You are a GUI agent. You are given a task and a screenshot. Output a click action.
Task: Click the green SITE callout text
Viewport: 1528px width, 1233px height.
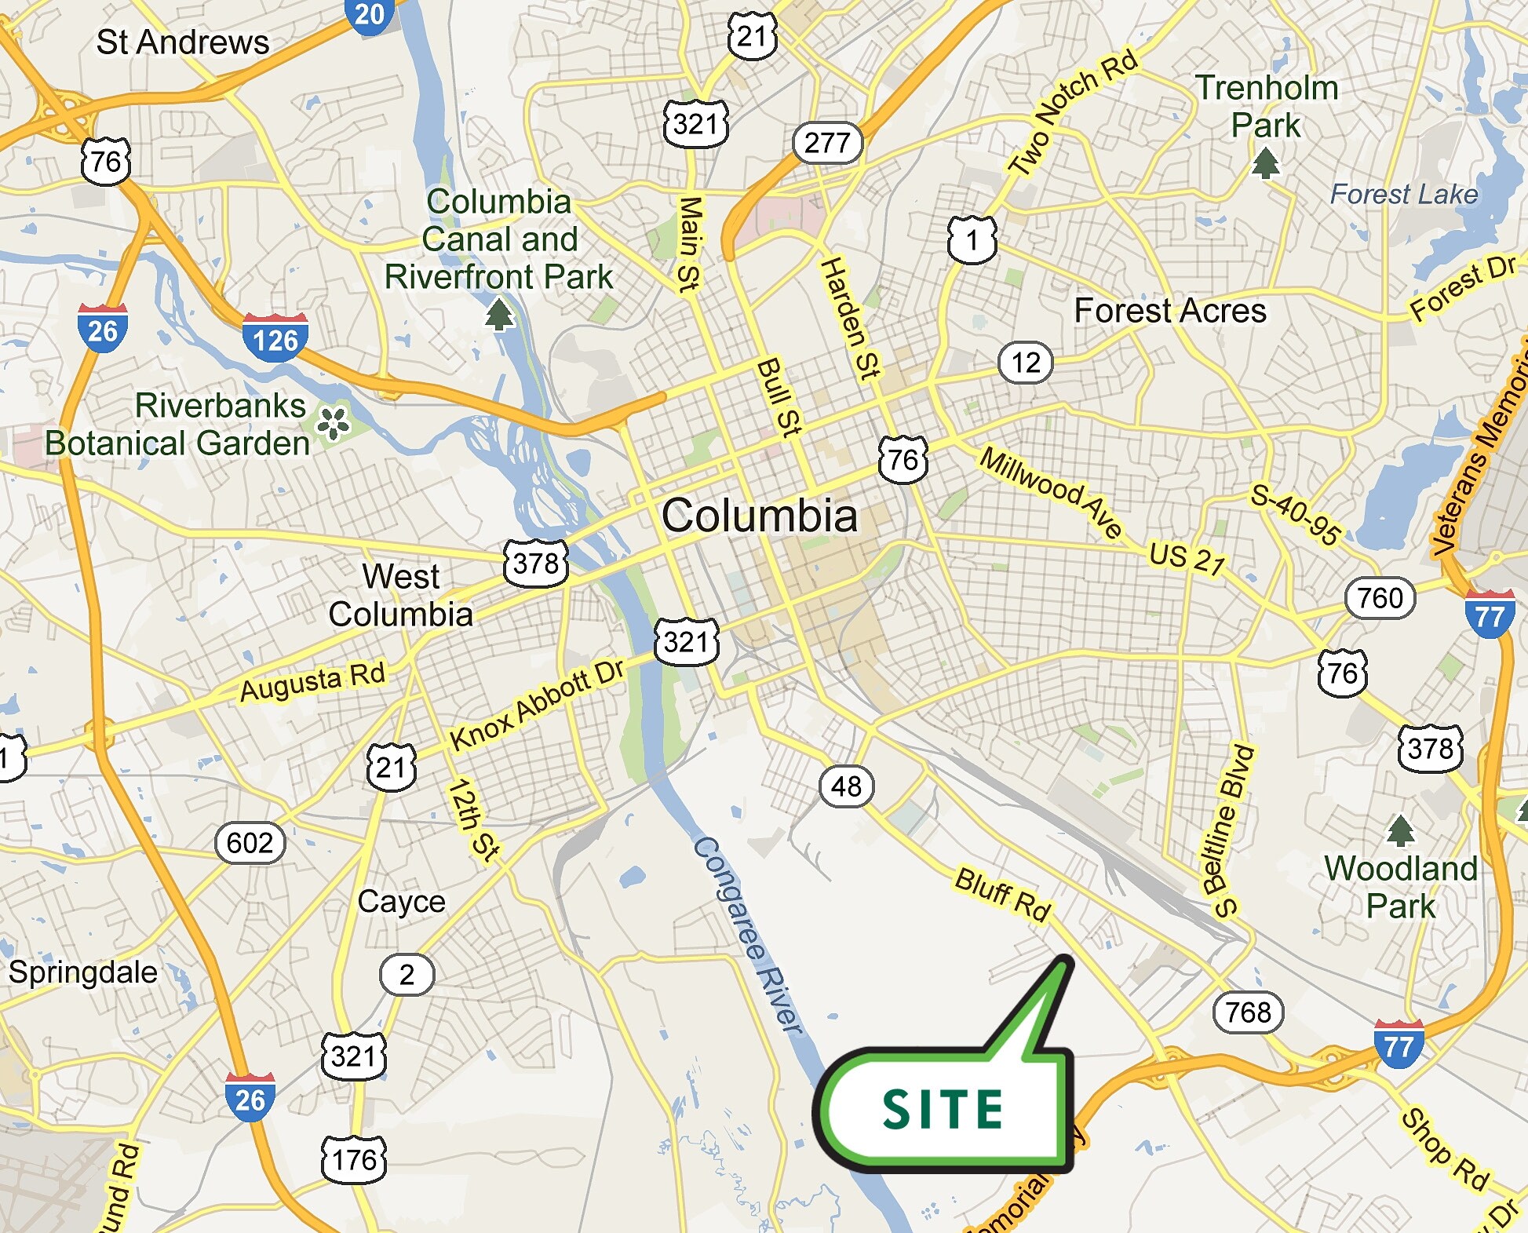pyautogui.click(x=943, y=1109)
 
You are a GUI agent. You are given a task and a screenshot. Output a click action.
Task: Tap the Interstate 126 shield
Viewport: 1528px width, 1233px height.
pyautogui.click(x=275, y=339)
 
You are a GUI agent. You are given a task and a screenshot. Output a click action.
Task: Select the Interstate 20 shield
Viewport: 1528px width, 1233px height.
pyautogui.click(x=369, y=16)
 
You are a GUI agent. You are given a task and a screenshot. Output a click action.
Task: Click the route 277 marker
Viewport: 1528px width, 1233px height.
pyautogui.click(x=827, y=143)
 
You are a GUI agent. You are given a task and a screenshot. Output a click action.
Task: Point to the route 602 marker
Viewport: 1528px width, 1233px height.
pyautogui.click(x=250, y=843)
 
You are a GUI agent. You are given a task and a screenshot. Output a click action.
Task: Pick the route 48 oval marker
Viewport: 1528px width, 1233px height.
pyautogui.click(x=846, y=786)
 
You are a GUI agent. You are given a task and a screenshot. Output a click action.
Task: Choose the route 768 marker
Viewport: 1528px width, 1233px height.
pyautogui.click(x=1248, y=1012)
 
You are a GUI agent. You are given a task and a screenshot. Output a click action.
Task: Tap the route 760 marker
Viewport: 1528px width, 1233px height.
pyautogui.click(x=1380, y=598)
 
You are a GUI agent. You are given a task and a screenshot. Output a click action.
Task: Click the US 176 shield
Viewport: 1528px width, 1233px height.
pyautogui.click(x=354, y=1159)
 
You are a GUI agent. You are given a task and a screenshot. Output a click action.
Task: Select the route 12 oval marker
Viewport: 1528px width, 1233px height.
pyautogui.click(x=1026, y=363)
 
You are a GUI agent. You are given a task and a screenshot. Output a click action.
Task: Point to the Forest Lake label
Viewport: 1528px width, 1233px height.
pyautogui.click(x=1403, y=194)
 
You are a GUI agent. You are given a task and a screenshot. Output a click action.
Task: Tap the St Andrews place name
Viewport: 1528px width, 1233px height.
pyautogui.click(x=182, y=42)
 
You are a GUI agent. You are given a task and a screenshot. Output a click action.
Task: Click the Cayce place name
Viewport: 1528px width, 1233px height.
pyautogui.click(x=401, y=901)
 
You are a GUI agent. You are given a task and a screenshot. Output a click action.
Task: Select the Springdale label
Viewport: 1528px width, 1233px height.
pyautogui.click(x=82, y=972)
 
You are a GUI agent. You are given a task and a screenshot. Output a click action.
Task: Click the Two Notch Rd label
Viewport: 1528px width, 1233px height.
pyautogui.click(x=1072, y=111)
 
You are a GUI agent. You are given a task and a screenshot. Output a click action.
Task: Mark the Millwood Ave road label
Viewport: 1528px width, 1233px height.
pyautogui.click(x=1052, y=491)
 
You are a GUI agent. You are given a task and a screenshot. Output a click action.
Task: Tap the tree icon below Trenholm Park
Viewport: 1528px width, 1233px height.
pyautogui.click(x=1265, y=163)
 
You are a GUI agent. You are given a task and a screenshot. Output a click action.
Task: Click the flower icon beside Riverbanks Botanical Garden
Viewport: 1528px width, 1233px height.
pyautogui.click(x=333, y=422)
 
